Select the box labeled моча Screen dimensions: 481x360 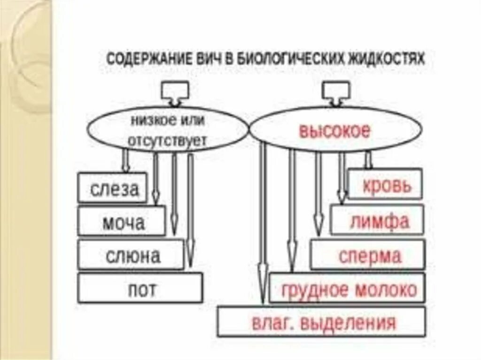(122, 221)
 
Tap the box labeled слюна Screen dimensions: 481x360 (131, 255)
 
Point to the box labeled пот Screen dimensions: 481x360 (140, 288)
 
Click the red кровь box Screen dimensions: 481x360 (385, 185)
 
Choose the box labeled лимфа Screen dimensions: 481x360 (378, 220)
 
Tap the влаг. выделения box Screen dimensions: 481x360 (322, 322)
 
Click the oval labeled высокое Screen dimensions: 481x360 (335, 130)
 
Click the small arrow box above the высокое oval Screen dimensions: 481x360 (335, 92)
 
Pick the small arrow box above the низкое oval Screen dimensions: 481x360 (174, 92)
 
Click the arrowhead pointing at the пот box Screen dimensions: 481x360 (190, 256)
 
